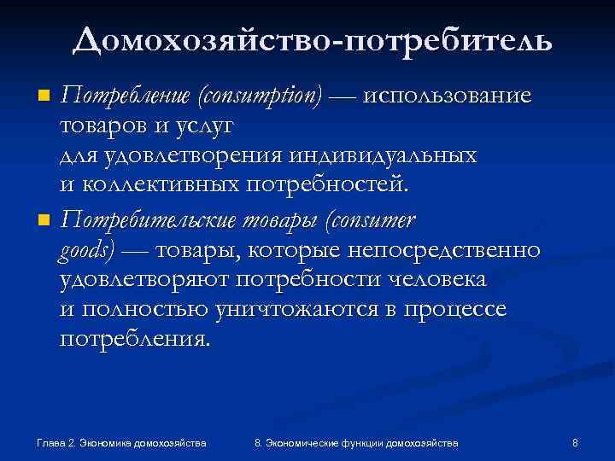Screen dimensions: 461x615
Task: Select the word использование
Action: [x=447, y=96]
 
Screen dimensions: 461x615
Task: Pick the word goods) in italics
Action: [x=86, y=250]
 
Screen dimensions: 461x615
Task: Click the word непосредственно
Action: [x=440, y=250]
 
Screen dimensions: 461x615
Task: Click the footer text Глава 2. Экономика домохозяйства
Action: [x=123, y=443]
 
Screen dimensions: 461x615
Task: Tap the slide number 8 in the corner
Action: [x=575, y=443]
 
